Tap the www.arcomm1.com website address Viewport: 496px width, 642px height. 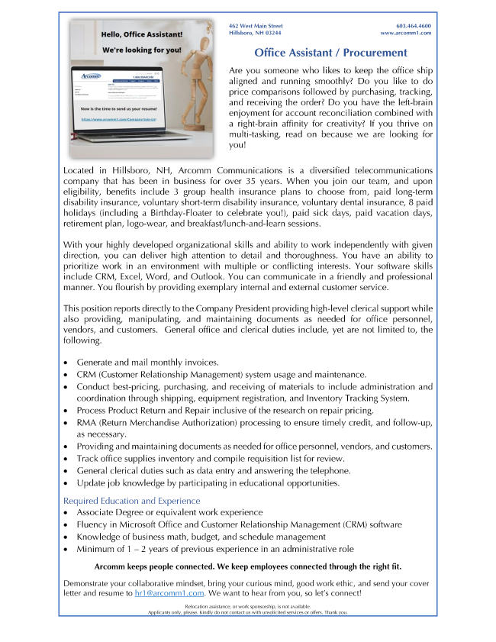pos(406,34)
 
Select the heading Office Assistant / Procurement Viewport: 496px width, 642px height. pos(330,53)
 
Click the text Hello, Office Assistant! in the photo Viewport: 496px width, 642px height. pos(141,35)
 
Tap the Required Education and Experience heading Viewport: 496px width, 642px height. pos(131,501)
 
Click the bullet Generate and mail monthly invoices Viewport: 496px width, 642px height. pos(148,363)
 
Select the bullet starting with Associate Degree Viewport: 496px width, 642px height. pos(169,512)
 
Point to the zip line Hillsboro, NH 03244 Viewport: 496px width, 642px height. pos(255,34)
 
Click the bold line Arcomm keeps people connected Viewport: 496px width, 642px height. pos(247,566)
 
